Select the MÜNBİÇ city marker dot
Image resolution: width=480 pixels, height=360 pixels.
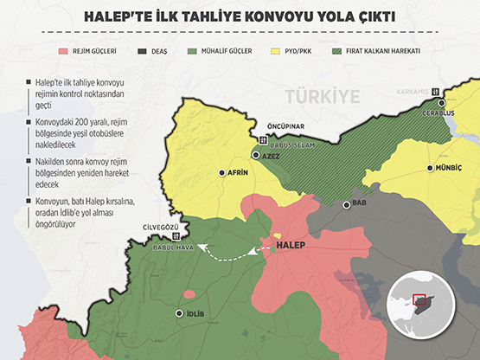click(430, 169)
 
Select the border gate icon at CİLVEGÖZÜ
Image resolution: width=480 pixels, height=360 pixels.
click(177, 235)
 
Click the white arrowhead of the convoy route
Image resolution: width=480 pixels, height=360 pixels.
click(201, 247)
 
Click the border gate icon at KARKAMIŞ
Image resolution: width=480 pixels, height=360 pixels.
click(436, 92)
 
